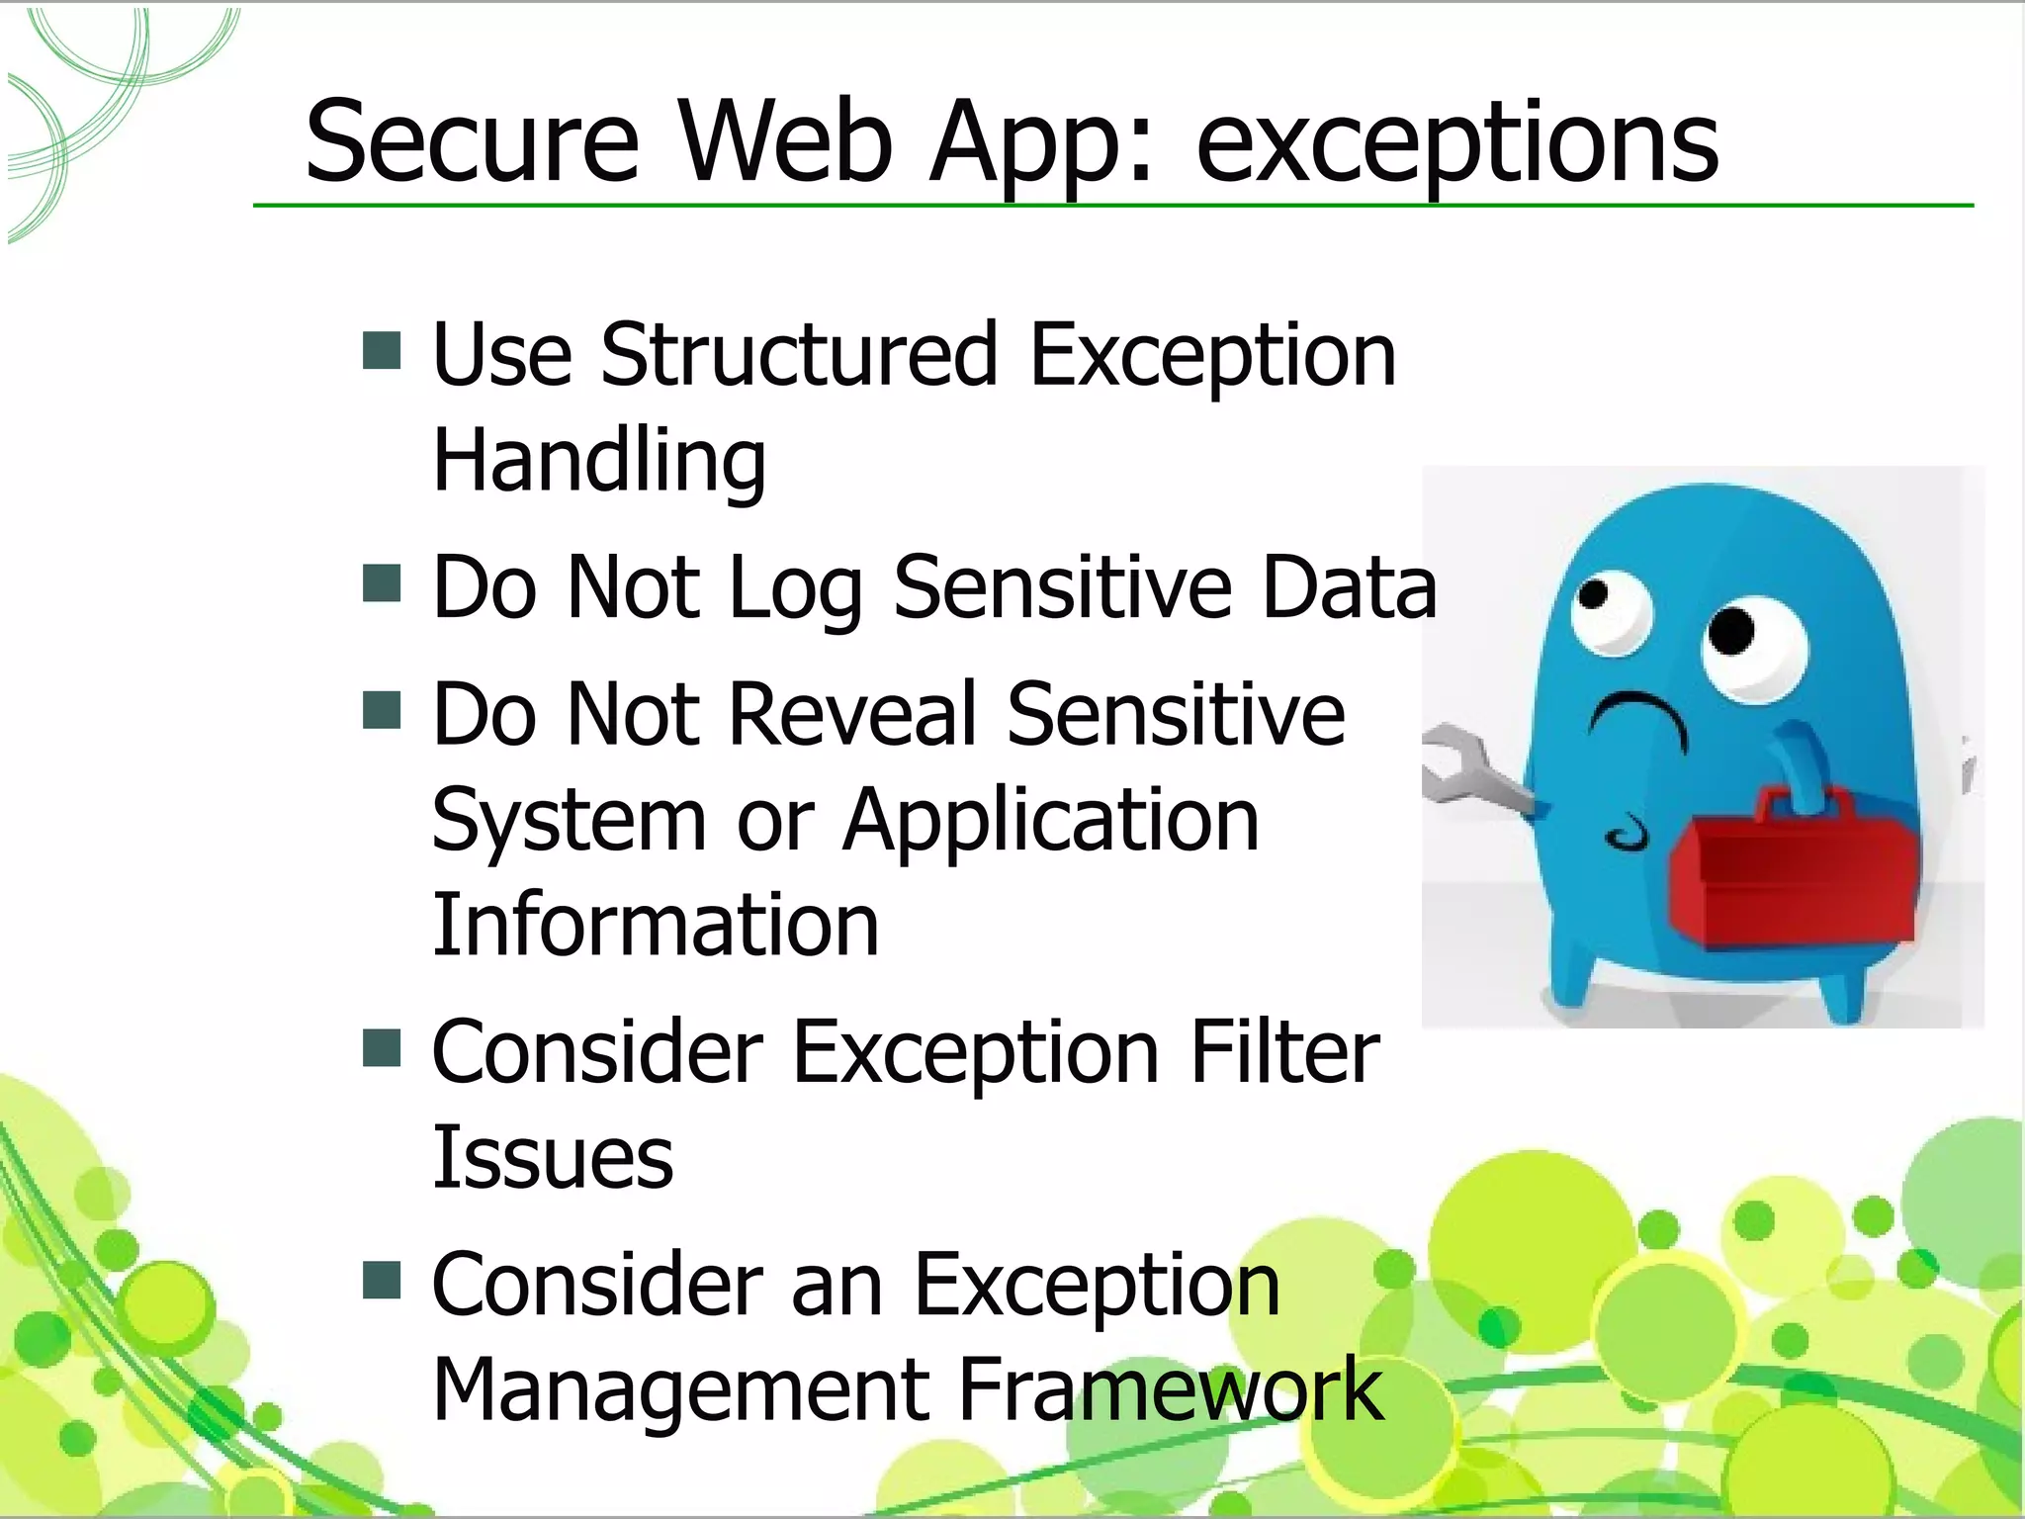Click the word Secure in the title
472,143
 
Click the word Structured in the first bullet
799,355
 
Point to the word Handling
599,461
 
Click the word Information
655,926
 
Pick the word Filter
1283,1053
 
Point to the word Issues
553,1158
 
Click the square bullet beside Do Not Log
382,583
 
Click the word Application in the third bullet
1050,820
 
